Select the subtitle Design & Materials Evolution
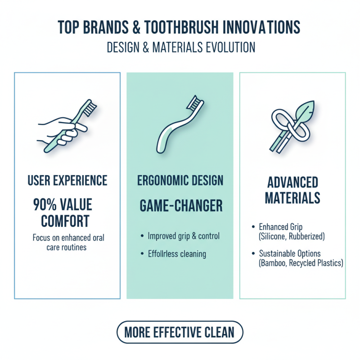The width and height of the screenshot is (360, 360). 180,47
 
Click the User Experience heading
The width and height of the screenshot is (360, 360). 67,181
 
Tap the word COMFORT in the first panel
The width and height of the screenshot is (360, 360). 65,221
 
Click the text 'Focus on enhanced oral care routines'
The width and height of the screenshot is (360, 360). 67,242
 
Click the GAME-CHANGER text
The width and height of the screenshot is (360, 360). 180,206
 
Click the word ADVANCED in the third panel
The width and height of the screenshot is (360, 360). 292,183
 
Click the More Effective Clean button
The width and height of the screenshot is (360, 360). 180,333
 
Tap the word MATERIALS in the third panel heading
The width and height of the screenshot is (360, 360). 292,198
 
